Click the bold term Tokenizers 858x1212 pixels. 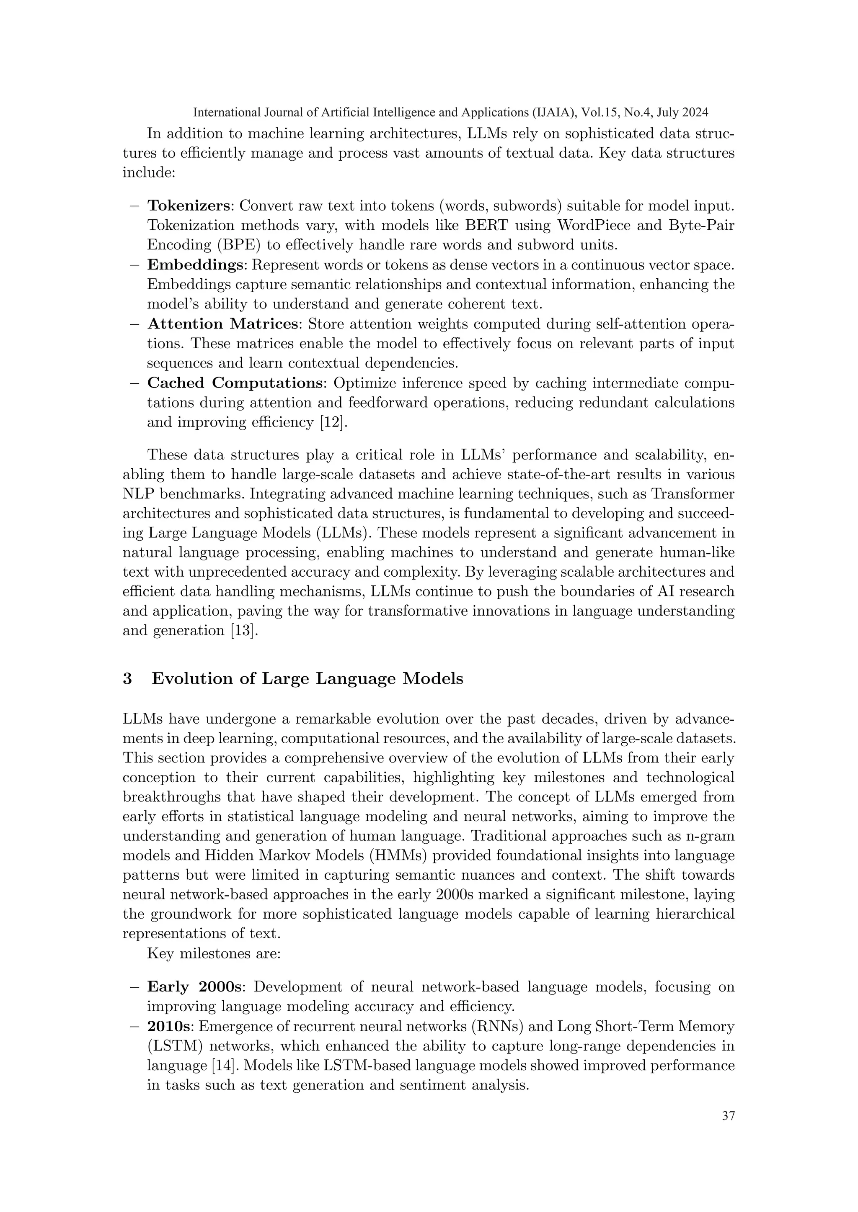point(189,206)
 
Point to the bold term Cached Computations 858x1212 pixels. point(235,383)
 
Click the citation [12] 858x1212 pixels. point(334,422)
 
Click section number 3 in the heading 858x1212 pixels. point(127,679)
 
